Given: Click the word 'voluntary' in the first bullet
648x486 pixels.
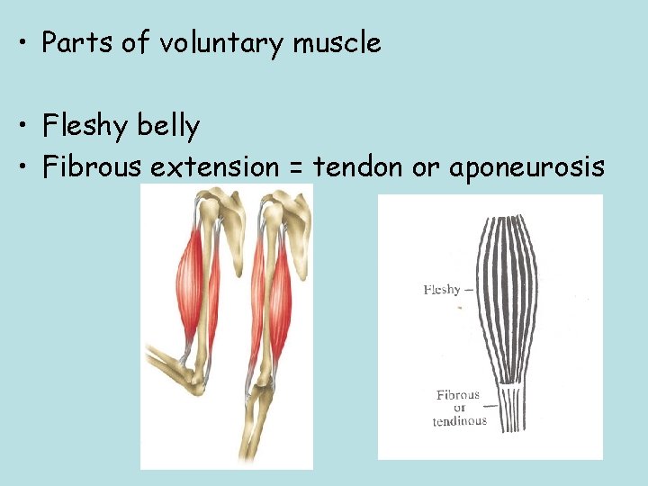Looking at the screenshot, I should click(224, 43).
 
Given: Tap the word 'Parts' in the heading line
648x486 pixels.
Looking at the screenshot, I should click(75, 42).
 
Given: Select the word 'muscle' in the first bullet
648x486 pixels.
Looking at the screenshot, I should click(337, 42).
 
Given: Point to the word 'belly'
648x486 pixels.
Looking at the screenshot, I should click(168, 126).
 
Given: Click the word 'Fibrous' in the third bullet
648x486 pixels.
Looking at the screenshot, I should click(94, 166).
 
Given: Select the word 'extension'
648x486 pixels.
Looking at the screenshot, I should click(215, 166).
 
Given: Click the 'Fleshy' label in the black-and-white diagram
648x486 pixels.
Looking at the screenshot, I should click(442, 290).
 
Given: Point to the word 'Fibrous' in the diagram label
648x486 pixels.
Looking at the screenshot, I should click(458, 395).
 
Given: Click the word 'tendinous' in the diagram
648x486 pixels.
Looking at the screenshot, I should click(459, 420).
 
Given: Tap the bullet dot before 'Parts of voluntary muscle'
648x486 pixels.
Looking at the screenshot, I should click(20, 43).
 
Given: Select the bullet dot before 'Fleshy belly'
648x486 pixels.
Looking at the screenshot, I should click(20, 127).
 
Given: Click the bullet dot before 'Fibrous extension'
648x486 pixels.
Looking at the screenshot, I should click(20, 166).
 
